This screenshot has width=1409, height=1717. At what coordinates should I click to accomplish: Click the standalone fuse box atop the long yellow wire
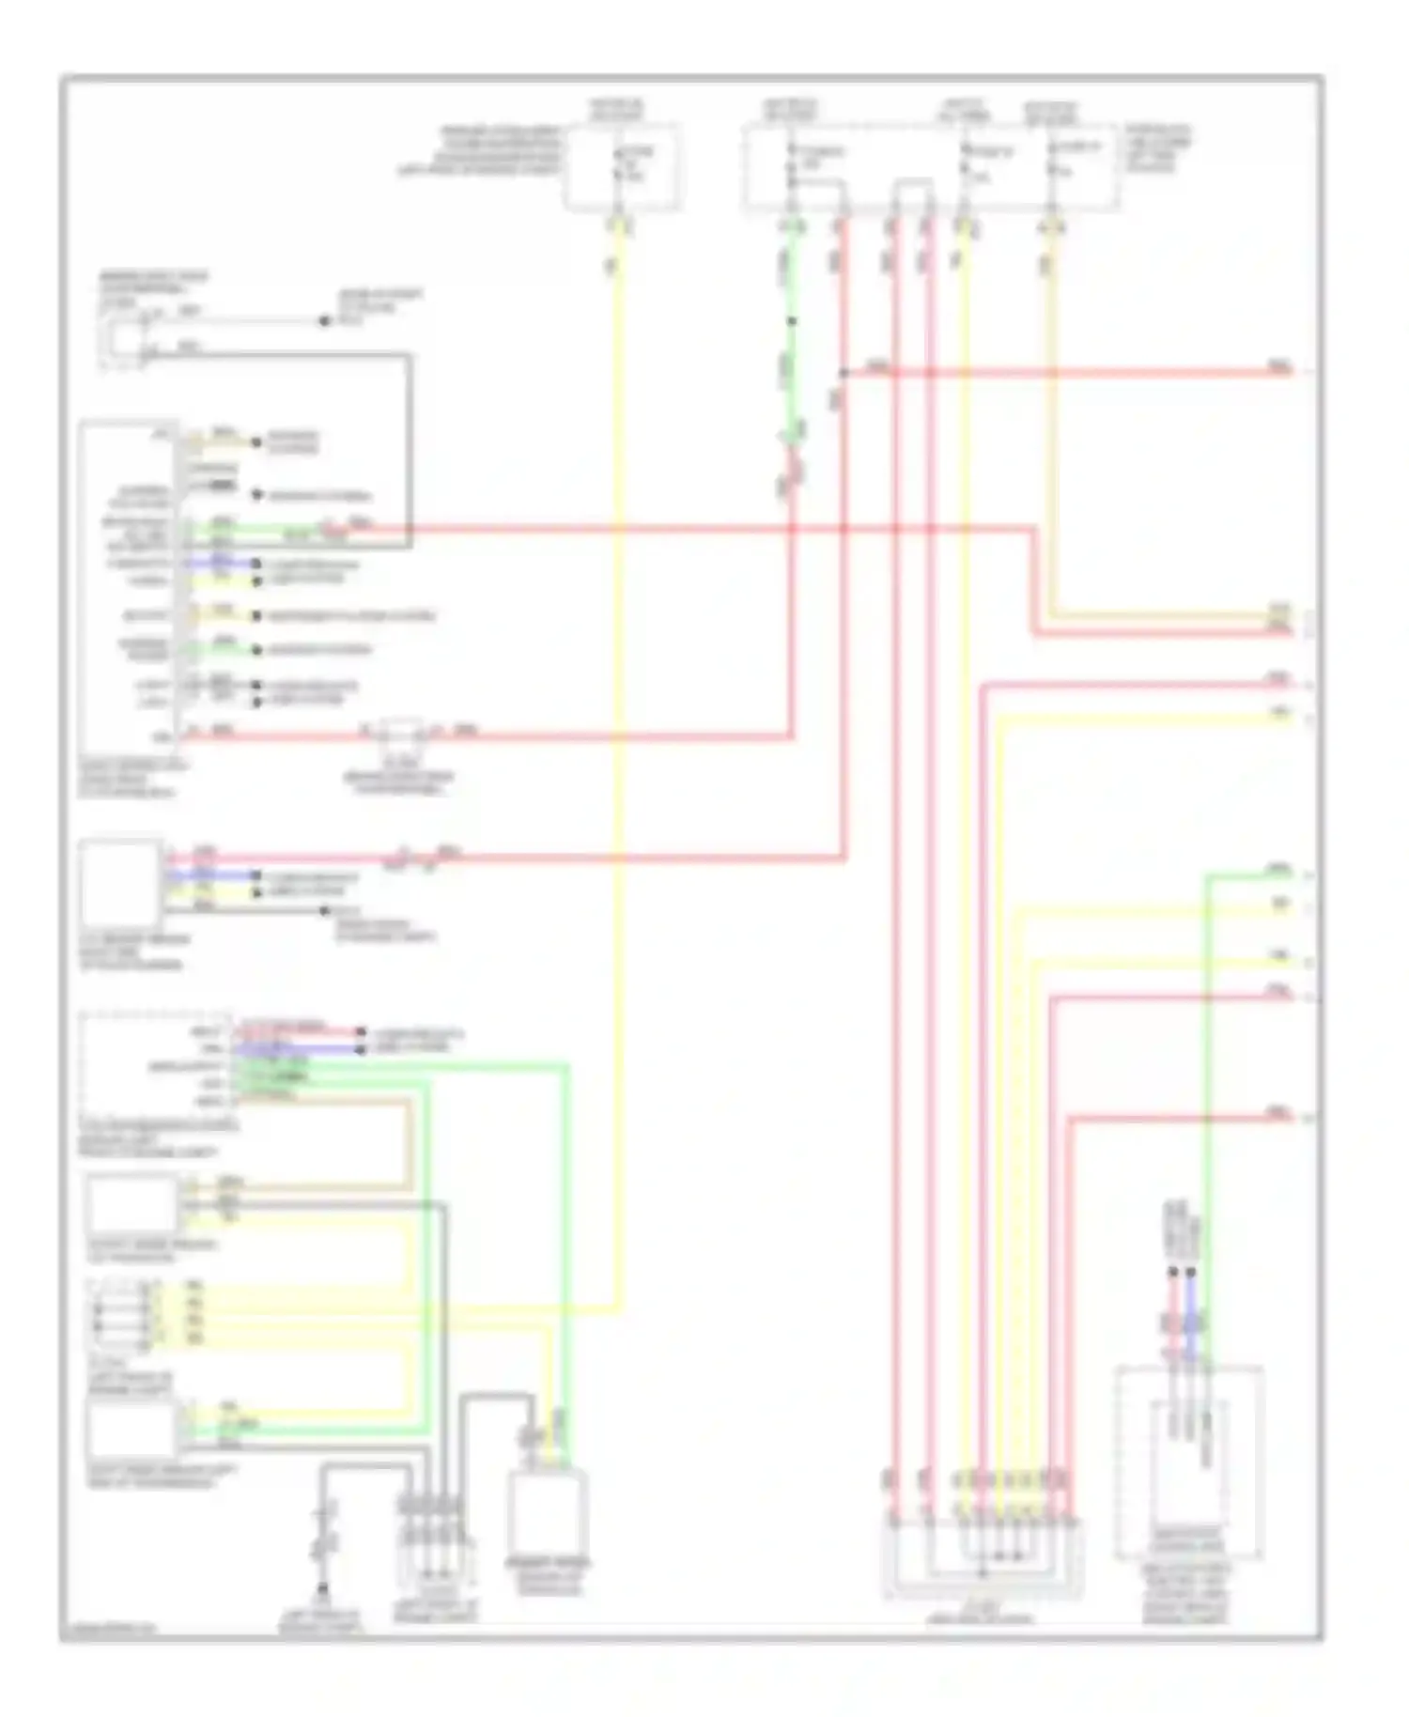pos(621,167)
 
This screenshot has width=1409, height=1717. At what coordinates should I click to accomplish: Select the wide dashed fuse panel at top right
pos(930,167)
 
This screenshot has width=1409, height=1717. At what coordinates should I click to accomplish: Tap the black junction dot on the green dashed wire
pos(792,321)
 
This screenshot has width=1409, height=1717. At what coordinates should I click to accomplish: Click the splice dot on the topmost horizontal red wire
pos(843,373)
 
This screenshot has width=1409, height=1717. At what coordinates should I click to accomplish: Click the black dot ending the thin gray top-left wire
pos(325,321)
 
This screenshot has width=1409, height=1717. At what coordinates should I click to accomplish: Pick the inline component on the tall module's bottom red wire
pos(402,732)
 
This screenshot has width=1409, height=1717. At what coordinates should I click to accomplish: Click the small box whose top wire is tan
pos(132,1203)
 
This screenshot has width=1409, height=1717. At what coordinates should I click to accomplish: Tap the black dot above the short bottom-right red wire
pos(1172,1273)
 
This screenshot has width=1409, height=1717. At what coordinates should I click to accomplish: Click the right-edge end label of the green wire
pos(1279,871)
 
